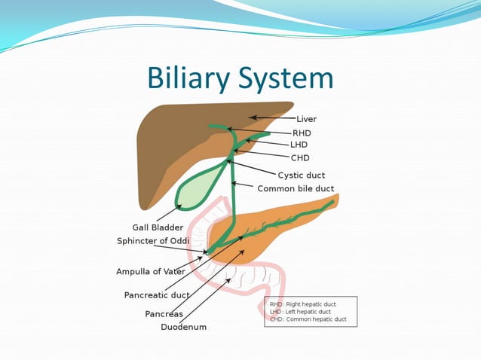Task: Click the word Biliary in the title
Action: click(x=193, y=79)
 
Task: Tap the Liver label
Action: click(x=306, y=119)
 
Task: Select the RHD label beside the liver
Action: click(x=302, y=133)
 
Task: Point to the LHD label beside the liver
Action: click(x=299, y=145)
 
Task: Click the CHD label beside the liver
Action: click(x=300, y=158)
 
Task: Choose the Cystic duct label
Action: click(x=302, y=175)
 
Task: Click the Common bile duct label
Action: click(x=296, y=188)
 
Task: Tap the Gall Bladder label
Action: click(x=157, y=227)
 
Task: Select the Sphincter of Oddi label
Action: click(x=163, y=241)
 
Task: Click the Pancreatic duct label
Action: click(x=157, y=295)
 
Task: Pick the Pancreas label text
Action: click(x=164, y=314)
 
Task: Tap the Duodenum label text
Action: click(x=183, y=328)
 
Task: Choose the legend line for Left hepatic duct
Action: click(x=300, y=311)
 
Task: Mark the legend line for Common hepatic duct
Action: click(x=308, y=319)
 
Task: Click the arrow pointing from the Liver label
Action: click(x=271, y=117)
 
